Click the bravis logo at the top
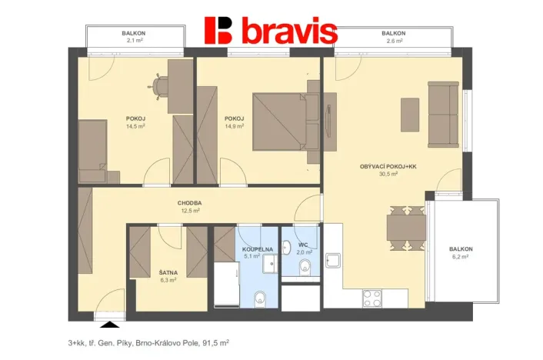[271, 31]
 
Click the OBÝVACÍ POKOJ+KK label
[388, 167]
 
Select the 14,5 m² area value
[136, 126]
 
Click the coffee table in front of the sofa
[410, 113]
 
